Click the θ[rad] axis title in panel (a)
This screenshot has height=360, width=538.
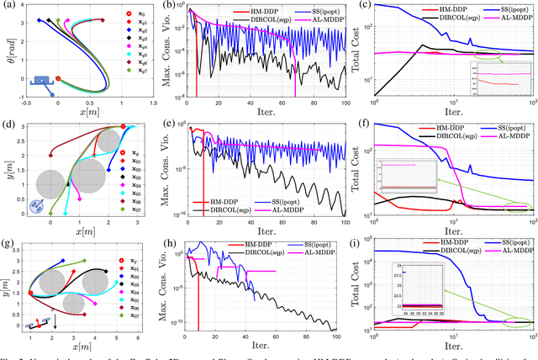(x=8, y=51)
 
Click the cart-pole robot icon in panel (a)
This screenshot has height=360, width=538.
(x=42, y=82)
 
